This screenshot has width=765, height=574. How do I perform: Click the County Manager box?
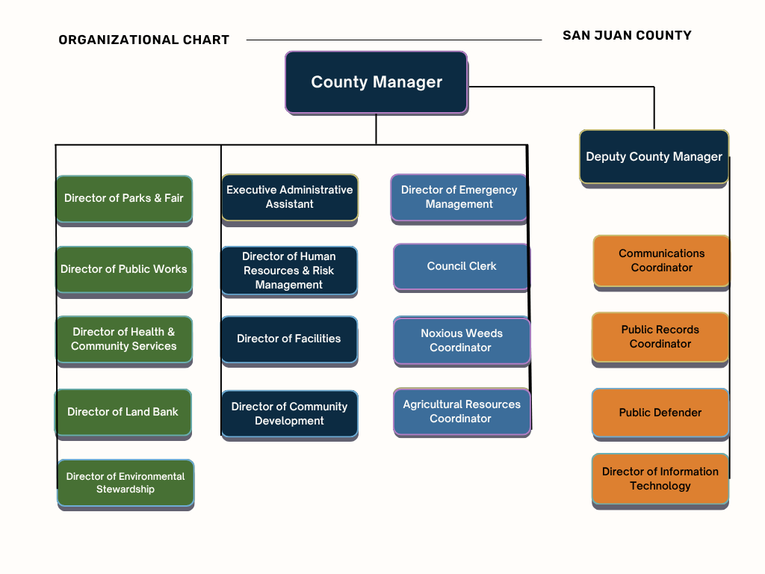377,82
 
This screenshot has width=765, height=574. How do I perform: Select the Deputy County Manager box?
654,157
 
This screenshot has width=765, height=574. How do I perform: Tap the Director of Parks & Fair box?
124,198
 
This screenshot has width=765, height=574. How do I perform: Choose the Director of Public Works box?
124,269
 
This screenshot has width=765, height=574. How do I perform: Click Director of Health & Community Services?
124,339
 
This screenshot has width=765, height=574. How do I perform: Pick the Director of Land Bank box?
123,412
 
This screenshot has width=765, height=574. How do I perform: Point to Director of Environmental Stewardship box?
126,483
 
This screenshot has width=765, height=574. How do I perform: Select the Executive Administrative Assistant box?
289,197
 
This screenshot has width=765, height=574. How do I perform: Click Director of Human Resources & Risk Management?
289,271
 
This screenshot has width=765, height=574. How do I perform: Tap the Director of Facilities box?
289,339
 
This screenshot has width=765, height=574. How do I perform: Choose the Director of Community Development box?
289,413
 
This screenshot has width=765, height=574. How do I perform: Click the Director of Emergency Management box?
459,197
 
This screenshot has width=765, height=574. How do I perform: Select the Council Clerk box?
462,266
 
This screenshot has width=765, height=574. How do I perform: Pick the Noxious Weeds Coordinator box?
462,340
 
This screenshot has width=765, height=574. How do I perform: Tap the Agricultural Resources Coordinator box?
462,411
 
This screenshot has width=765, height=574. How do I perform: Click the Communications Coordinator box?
661,260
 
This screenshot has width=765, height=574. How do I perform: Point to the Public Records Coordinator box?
660,336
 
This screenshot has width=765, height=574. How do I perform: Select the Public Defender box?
660,413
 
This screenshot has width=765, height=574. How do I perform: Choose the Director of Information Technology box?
660,478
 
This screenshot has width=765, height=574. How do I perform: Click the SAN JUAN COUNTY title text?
627,35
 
